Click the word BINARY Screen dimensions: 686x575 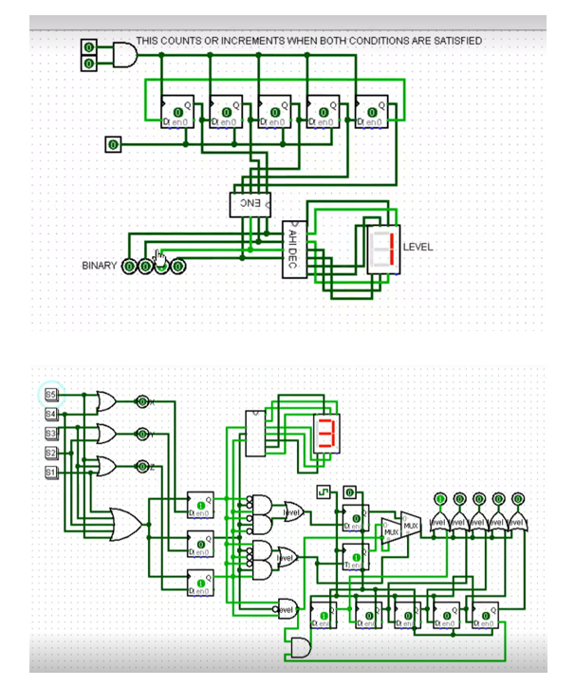[x=99, y=266]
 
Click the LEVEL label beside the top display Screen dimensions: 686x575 [x=417, y=247]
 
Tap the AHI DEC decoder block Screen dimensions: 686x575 [x=293, y=250]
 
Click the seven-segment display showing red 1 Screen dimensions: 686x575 [x=384, y=249]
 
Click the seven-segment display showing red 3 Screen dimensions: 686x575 [x=325, y=433]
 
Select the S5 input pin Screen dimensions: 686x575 [x=51, y=394]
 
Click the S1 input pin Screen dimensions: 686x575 [x=51, y=472]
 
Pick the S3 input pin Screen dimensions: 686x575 [x=51, y=433]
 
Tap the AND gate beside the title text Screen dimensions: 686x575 [x=124, y=55]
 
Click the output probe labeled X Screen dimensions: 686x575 [x=142, y=401]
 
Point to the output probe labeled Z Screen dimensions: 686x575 [x=142, y=466]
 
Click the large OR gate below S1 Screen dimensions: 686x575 [x=126, y=523]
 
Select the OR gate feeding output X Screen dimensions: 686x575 [x=106, y=401]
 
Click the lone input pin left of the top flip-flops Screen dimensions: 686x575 [x=113, y=144]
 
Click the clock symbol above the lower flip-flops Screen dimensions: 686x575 [x=325, y=492]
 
